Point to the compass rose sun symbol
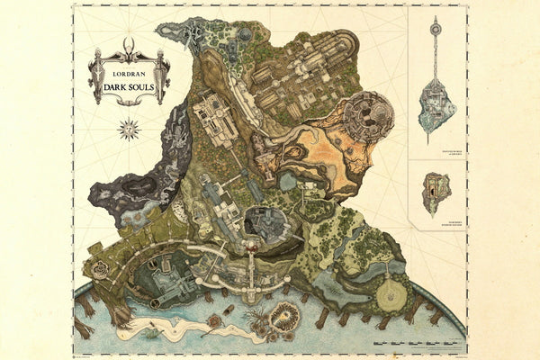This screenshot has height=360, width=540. click(130, 129)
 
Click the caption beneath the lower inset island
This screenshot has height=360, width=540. click(436, 217)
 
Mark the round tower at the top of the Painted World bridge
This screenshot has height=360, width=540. click(436, 30)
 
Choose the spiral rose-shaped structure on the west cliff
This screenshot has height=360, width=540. click(100, 269)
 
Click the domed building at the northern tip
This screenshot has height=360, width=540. click(245, 34)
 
